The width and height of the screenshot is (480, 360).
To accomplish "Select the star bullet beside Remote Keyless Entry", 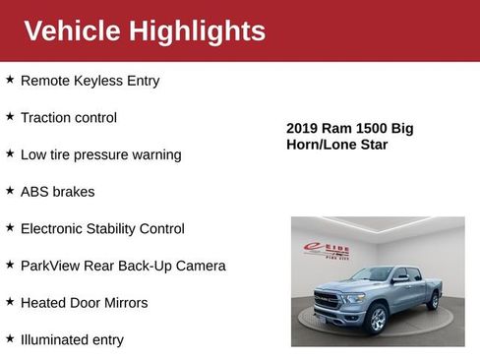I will pyautogui.click(x=10, y=80).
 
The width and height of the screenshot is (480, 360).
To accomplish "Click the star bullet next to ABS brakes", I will pyautogui.click(x=10, y=191).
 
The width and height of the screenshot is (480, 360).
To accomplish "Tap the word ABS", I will pyautogui.click(x=35, y=192).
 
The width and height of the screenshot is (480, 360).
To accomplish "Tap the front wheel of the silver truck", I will pyautogui.click(x=378, y=320).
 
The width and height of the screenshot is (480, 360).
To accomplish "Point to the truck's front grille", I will pyautogui.click(x=327, y=299).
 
